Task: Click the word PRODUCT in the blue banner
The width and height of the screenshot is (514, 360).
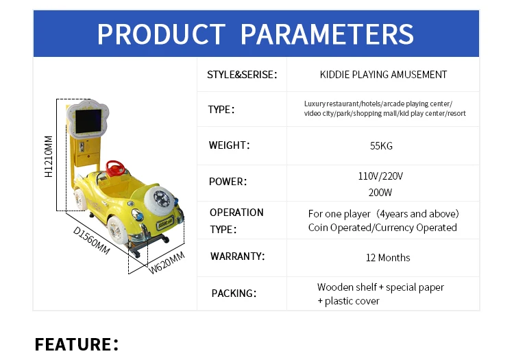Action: click(x=161, y=34)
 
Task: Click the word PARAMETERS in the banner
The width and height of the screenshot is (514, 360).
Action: click(x=327, y=34)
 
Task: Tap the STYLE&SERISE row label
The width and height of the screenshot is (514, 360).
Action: click(x=242, y=75)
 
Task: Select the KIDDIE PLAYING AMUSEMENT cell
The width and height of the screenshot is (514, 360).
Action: click(x=383, y=75)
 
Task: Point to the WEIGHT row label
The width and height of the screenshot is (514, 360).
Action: click(x=229, y=145)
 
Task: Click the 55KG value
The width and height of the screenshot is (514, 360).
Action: click(x=381, y=145)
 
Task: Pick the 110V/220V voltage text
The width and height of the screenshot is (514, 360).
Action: click(x=380, y=176)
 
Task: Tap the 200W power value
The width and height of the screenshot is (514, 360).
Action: click(x=380, y=193)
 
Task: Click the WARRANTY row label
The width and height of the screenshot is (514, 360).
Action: click(x=237, y=256)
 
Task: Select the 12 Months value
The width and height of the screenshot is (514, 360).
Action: click(x=388, y=258)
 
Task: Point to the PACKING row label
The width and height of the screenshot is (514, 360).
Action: click(x=234, y=293)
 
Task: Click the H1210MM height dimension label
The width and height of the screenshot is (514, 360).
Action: click(x=49, y=156)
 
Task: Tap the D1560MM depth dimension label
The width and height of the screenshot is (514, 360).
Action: click(x=91, y=240)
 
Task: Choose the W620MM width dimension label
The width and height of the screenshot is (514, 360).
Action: click(x=167, y=263)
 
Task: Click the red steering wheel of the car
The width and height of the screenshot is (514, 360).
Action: click(x=116, y=168)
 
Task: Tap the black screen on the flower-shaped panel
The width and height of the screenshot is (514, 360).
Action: click(x=88, y=121)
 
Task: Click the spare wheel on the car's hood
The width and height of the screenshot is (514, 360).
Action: click(x=159, y=199)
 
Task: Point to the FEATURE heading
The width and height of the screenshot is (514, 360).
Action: click(x=76, y=344)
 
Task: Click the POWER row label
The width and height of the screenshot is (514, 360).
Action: click(x=228, y=182)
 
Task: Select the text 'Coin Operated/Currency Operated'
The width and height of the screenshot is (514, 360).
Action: click(x=382, y=228)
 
